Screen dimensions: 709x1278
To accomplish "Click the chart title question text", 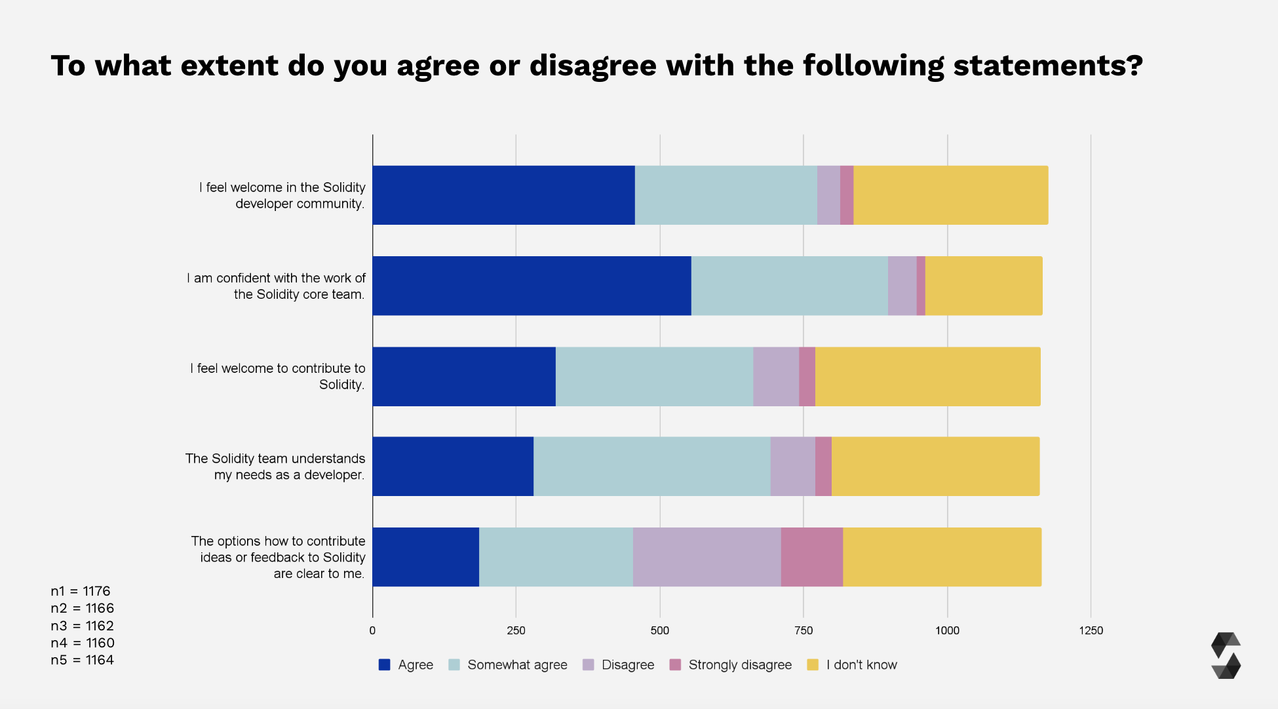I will [x=596, y=66].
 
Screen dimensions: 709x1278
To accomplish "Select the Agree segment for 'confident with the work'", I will [x=532, y=286].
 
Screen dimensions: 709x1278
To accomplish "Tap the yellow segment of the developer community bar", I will [x=950, y=195].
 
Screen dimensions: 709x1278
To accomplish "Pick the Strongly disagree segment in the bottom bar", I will [x=811, y=557].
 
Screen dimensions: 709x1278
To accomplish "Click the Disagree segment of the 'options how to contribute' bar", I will [x=707, y=557].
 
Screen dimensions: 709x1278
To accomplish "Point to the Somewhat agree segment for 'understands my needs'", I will [x=651, y=467].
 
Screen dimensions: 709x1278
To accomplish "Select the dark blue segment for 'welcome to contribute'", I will [x=464, y=377].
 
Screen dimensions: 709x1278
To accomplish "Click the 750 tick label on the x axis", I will [x=804, y=630].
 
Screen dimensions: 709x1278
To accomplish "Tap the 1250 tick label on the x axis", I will [x=1091, y=630].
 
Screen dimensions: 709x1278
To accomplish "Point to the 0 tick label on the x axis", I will [x=372, y=630].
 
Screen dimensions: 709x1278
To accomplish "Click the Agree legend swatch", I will [x=385, y=664].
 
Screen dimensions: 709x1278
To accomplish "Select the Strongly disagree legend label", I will [x=740, y=664].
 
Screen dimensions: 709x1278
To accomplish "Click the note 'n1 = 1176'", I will [x=81, y=591].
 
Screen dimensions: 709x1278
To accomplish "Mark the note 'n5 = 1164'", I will [x=82, y=660].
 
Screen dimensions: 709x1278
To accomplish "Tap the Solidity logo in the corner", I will [x=1226, y=655].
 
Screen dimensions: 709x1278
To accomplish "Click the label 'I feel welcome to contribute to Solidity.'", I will [x=277, y=376].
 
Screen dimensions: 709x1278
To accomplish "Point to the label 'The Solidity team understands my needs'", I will [x=275, y=467].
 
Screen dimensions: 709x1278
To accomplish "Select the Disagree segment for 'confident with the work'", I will [x=902, y=286].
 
